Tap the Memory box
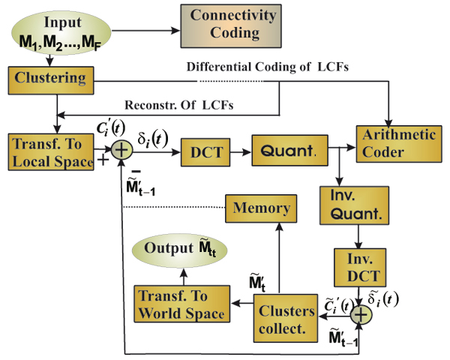pos(262,206)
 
